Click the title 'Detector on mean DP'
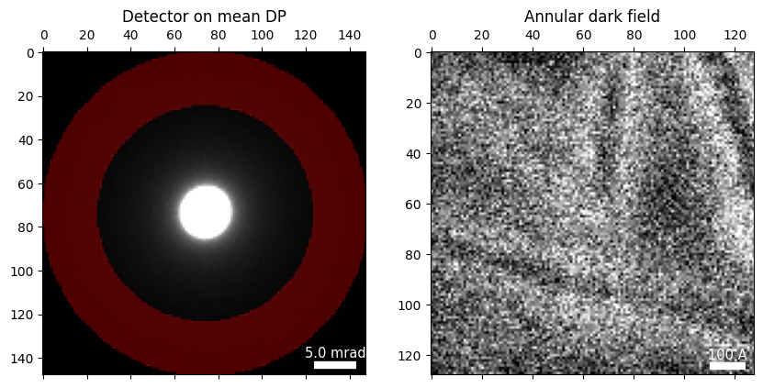click(x=204, y=17)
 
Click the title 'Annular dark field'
click(x=591, y=17)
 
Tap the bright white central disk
click(x=206, y=212)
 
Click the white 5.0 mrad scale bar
click(x=335, y=365)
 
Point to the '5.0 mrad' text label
click(x=335, y=352)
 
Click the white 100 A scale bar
click(x=727, y=366)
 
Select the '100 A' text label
click(x=727, y=354)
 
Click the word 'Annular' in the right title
click(x=551, y=17)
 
